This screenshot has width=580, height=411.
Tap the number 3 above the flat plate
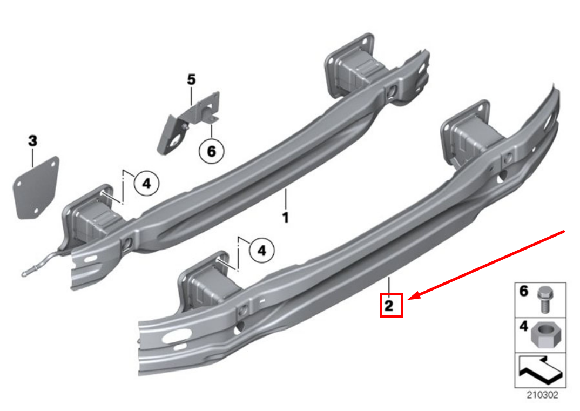click(x=32, y=142)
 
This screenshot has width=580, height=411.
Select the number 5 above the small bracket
click(x=192, y=79)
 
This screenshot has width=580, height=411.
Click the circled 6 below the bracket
click(x=211, y=151)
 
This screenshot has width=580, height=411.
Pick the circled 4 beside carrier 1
click(x=146, y=184)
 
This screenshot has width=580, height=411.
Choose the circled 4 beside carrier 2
click(x=262, y=250)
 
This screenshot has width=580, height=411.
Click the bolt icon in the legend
click(x=543, y=299)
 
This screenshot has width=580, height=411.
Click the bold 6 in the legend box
click(x=523, y=292)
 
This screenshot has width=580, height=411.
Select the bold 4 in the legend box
click(x=523, y=326)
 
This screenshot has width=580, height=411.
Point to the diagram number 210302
click(x=543, y=395)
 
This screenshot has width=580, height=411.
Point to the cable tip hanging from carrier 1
click(x=26, y=274)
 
